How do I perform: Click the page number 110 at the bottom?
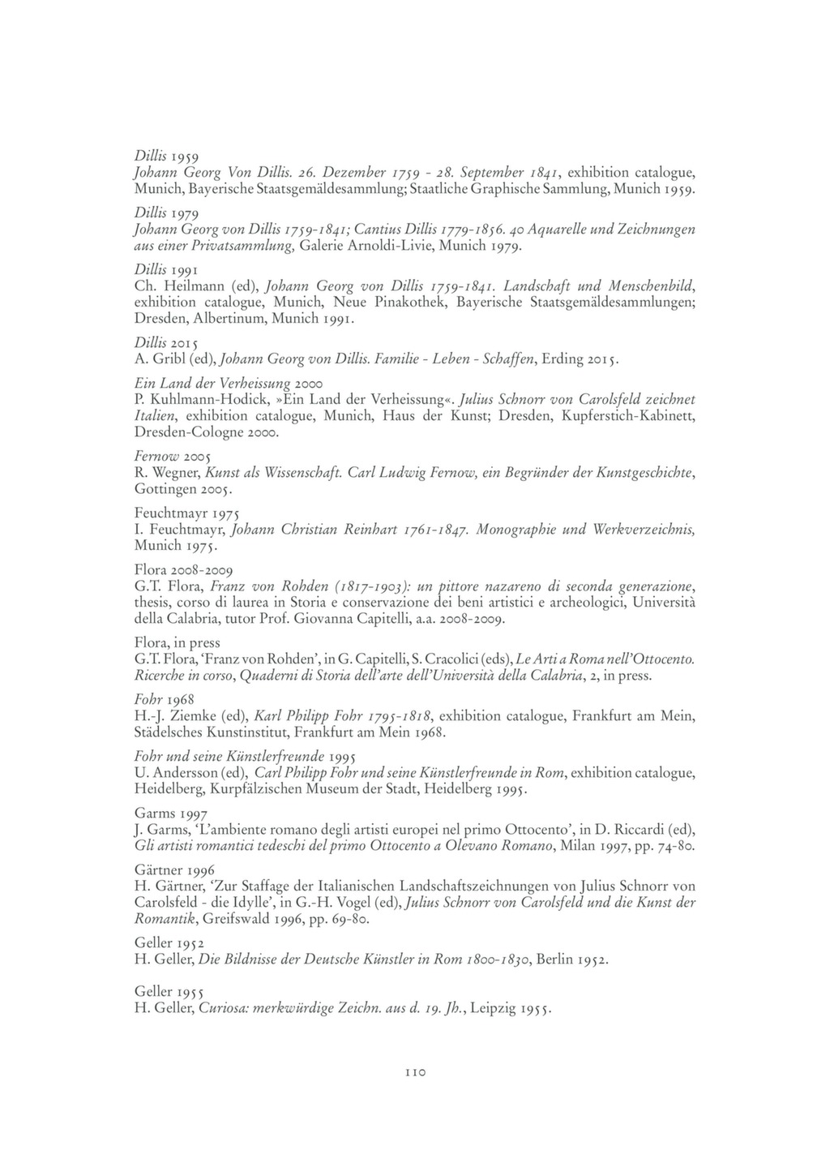click(x=415, y=1072)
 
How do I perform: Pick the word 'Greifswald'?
click(x=242, y=920)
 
